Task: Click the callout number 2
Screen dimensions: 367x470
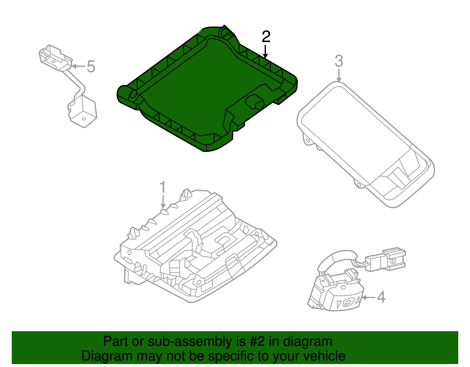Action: [x=266, y=37]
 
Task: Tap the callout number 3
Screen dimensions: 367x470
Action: [x=339, y=61]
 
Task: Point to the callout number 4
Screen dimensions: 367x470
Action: [x=381, y=297]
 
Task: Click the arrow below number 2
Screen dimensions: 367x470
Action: [x=266, y=52]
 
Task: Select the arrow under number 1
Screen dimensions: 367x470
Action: [x=163, y=203]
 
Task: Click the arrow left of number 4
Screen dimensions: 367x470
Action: [x=368, y=297]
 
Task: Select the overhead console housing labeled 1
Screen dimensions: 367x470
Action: [x=194, y=250]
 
